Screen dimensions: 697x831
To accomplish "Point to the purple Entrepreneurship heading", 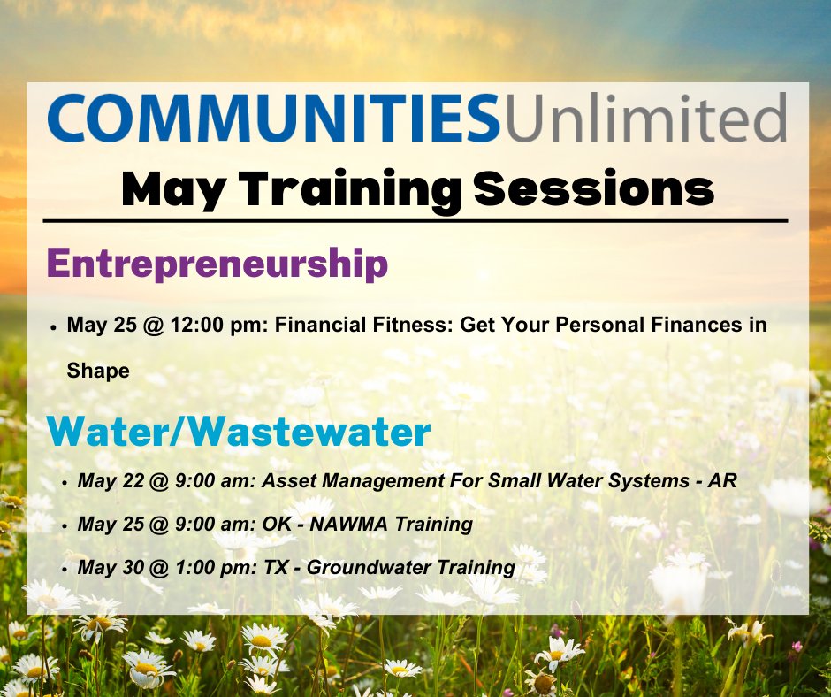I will click(x=217, y=264).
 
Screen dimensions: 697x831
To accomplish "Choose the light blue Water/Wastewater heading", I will click(x=239, y=432).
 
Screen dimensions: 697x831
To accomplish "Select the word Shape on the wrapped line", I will click(x=98, y=371).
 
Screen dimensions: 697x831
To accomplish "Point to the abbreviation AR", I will click(x=724, y=481).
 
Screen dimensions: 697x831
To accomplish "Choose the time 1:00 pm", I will click(x=211, y=568).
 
